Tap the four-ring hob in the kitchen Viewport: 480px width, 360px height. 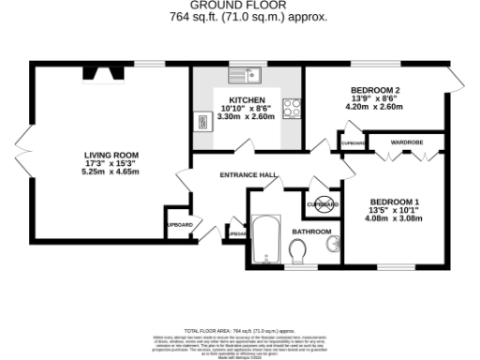click(292, 107)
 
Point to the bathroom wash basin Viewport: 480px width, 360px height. click(331, 246)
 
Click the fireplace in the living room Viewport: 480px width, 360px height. click(99, 74)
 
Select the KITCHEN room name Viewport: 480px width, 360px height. click(247, 99)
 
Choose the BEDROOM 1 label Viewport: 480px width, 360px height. click(394, 202)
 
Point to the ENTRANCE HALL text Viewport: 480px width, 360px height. click(247, 175)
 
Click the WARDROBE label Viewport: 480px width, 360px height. click(408, 142)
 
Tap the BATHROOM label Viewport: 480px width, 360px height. click(310, 231)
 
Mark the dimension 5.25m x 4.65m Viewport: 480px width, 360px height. click(111, 172)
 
